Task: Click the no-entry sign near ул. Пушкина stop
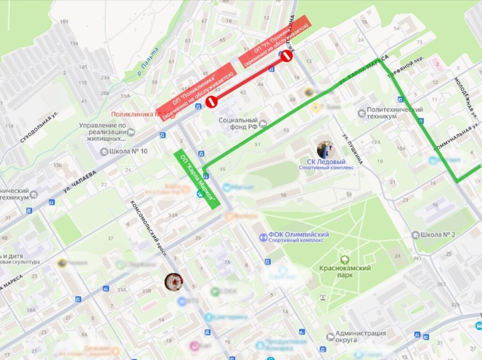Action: pos(287,56)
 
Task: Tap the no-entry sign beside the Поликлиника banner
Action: pos(211,101)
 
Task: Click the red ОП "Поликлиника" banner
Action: pos(195,91)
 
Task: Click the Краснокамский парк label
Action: pos(345,272)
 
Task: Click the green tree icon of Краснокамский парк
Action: pos(345,259)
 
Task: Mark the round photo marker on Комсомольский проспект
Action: pos(173,281)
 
